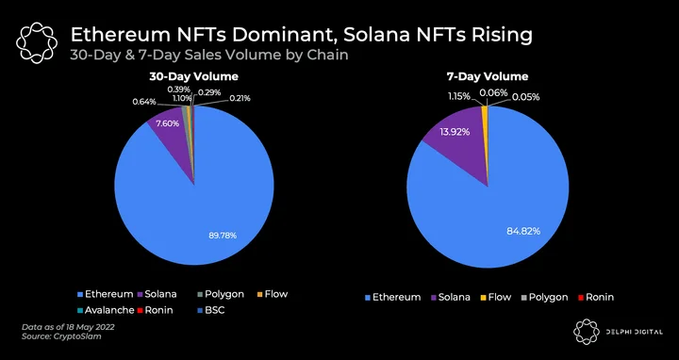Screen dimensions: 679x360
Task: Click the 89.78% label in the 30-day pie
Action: [x=223, y=236]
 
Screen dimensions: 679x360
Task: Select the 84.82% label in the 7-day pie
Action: [x=523, y=231]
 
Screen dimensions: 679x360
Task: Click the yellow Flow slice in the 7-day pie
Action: [x=485, y=111]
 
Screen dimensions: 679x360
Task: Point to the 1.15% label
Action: [x=458, y=96]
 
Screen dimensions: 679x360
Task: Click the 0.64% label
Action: [x=144, y=102]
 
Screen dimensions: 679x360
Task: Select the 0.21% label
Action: [x=239, y=98]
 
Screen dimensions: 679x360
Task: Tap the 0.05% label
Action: [x=525, y=97]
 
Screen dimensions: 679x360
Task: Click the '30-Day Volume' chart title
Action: [x=193, y=76]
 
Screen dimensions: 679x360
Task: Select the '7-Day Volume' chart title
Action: [x=488, y=76]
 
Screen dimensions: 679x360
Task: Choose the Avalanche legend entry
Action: [x=106, y=310]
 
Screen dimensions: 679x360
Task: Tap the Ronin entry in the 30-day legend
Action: [x=155, y=310]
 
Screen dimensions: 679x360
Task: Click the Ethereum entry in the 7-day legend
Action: [x=393, y=297]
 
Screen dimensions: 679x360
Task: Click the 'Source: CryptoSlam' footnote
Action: [x=61, y=336]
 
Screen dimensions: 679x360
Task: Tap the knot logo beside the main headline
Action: [x=37, y=43]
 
